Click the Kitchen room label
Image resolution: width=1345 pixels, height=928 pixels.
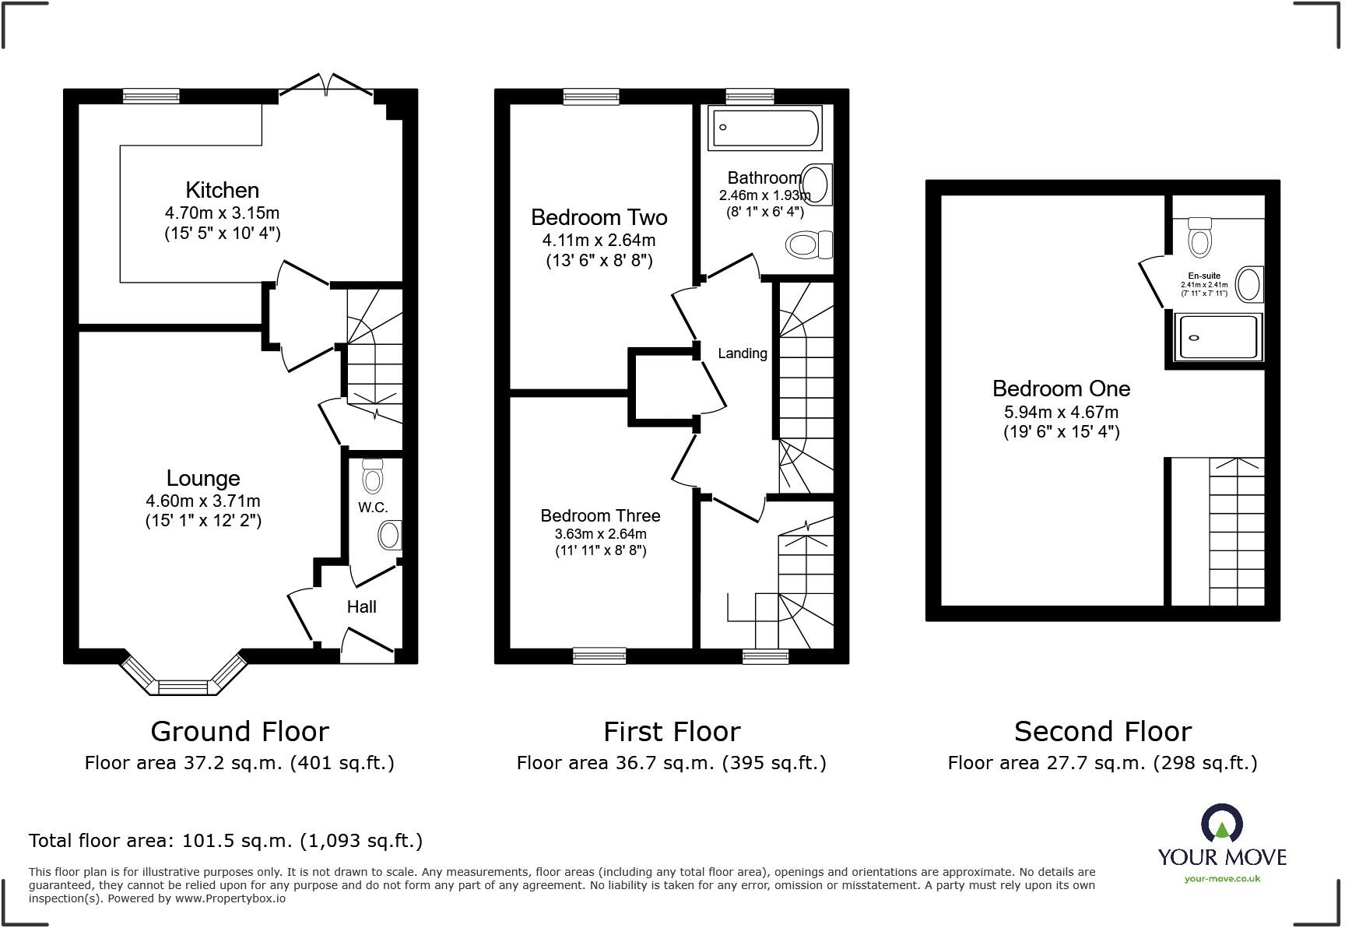click(x=222, y=190)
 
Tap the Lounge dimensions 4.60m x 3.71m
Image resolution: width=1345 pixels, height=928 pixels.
click(x=203, y=501)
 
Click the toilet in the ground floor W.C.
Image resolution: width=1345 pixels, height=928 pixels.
click(x=374, y=474)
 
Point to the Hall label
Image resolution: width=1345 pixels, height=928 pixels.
click(x=362, y=606)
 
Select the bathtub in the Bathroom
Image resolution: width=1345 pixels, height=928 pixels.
click(x=764, y=128)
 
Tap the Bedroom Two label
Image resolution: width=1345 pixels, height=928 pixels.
click(x=599, y=217)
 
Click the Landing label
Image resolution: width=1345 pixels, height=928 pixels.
click(x=742, y=353)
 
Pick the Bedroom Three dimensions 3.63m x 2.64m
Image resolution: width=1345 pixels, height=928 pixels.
click(x=600, y=534)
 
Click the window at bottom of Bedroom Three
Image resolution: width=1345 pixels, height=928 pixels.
click(x=599, y=656)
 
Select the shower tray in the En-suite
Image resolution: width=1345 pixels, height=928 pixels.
click(x=1218, y=336)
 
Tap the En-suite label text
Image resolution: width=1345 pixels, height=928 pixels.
click(x=1204, y=276)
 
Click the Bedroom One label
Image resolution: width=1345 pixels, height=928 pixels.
click(x=1061, y=388)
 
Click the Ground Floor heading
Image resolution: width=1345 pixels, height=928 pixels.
click(x=240, y=732)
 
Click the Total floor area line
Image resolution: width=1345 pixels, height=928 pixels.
click(x=226, y=841)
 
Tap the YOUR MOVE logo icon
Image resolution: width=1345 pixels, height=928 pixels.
click(x=1221, y=824)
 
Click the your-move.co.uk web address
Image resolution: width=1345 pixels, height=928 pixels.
click(x=1222, y=879)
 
